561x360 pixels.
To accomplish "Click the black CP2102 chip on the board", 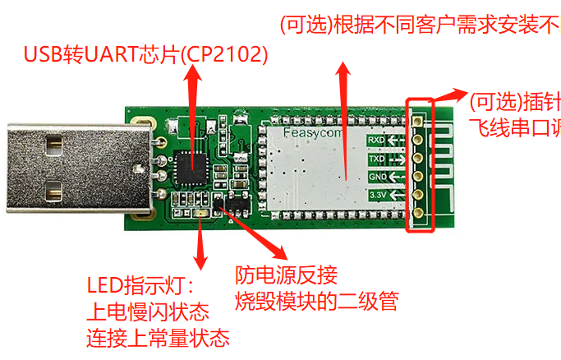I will coord(194,167).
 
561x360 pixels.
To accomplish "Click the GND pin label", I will coord(378,176).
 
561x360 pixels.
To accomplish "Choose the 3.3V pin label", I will coord(378,195).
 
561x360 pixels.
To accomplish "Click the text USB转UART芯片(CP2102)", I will coord(145,55).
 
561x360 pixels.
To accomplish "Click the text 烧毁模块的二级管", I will coord(316,300).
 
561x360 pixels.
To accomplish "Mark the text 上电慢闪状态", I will coord(147,312).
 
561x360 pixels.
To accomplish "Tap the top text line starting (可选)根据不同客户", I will coord(419,25).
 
